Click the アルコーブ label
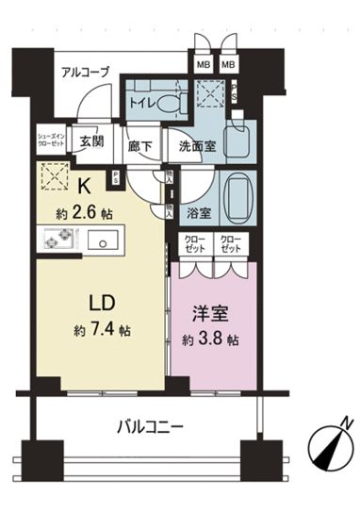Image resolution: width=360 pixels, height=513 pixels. point(86,73)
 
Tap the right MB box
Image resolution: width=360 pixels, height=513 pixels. point(228,65)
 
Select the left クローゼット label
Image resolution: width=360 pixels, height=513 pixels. point(195,243)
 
